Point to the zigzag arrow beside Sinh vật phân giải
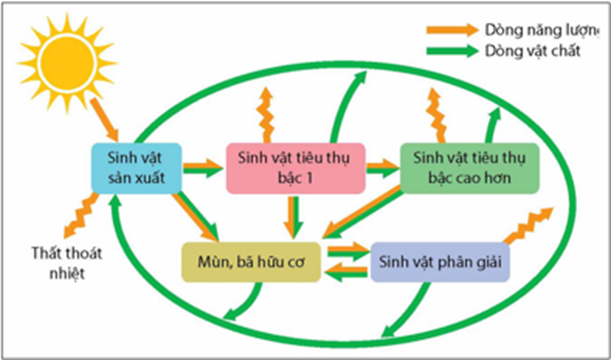point(527,226)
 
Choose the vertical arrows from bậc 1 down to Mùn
point(293,215)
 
